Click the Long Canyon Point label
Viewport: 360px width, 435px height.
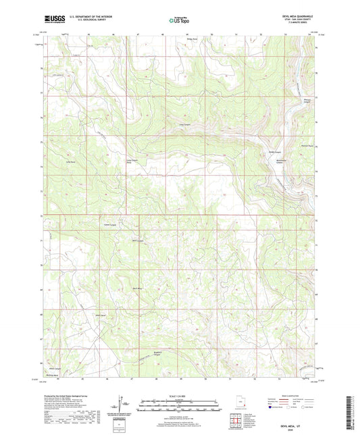tap(133, 161)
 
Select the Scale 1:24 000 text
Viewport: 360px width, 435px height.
tap(180, 396)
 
